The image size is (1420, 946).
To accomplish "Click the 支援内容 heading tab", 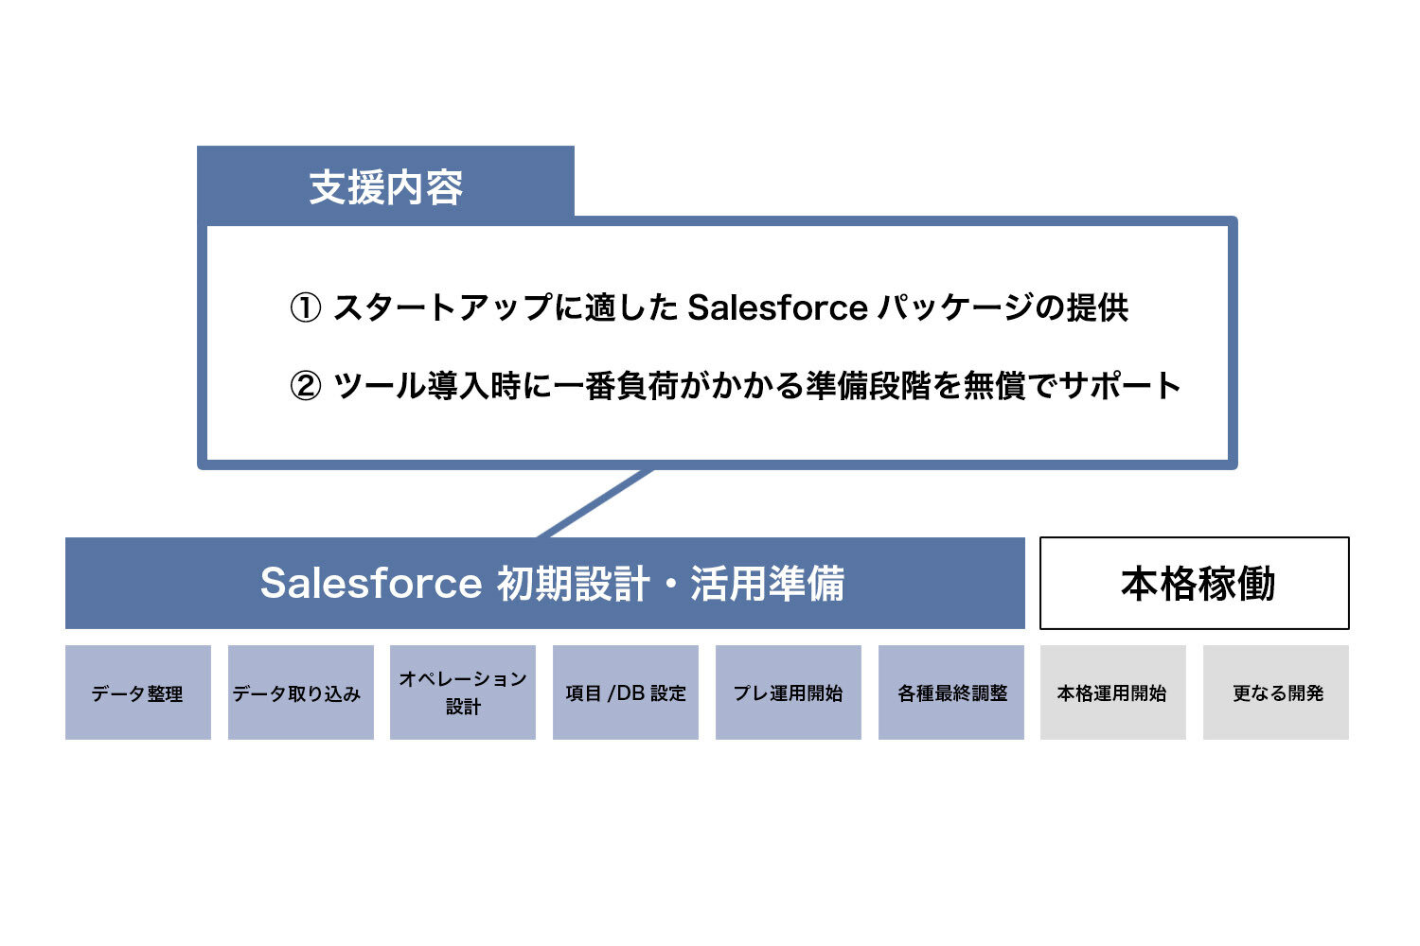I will (x=385, y=186).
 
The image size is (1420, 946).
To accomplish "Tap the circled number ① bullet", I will (x=305, y=307).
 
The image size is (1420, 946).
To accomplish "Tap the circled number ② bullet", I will (x=305, y=386).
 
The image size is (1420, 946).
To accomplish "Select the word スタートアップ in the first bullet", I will (x=442, y=307).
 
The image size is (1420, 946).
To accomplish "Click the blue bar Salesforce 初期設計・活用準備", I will (x=545, y=583).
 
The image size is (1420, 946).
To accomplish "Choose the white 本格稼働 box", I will (x=1195, y=583).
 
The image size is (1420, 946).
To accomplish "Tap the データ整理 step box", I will (x=138, y=692).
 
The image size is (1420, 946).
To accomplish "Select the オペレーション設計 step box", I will (x=463, y=692).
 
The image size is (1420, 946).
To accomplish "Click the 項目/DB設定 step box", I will (x=626, y=692).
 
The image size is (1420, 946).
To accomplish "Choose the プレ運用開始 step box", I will (x=789, y=692).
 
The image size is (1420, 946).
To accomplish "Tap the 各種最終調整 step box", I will (x=951, y=692).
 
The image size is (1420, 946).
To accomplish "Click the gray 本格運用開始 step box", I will (x=1113, y=692).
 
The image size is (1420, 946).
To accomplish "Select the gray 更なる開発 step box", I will (x=1276, y=692).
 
